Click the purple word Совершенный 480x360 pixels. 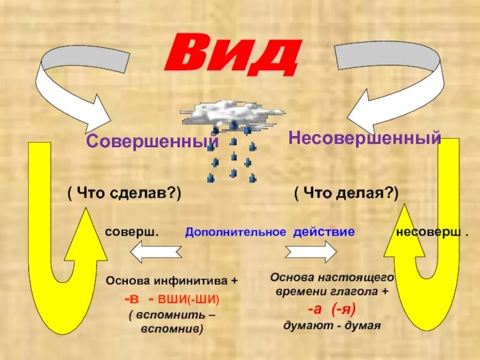click(151, 142)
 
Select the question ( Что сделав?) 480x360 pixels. click(124, 193)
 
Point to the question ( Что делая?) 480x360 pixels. click(346, 193)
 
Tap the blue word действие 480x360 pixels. click(325, 232)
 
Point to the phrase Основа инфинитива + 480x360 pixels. click(172, 280)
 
